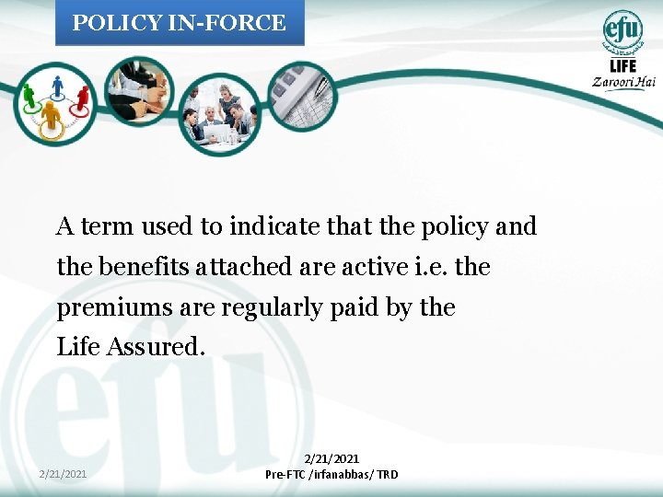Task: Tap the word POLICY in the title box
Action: pos(106,23)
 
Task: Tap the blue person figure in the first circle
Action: pos(57,87)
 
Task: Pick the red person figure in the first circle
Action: pos(82,96)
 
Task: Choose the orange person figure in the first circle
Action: pos(51,114)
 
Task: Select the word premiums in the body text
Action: pos(104,306)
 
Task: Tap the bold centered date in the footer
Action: pos(331,458)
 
